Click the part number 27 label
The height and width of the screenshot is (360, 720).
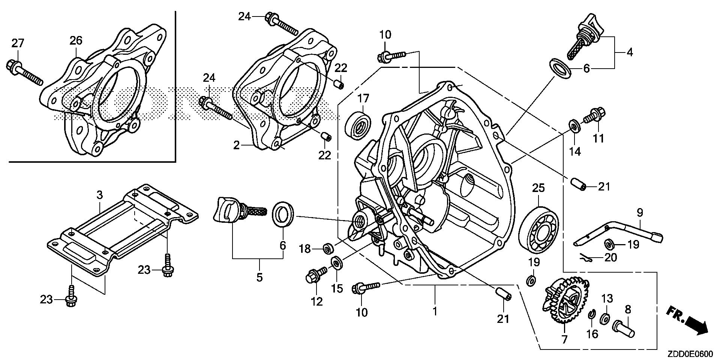click(17, 43)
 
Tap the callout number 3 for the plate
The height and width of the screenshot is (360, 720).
click(99, 195)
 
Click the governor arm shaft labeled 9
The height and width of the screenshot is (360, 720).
click(622, 235)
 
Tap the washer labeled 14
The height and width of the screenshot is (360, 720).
click(574, 126)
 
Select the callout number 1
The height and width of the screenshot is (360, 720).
click(435, 311)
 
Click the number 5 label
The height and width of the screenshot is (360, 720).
click(259, 277)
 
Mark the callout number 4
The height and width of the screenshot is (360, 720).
click(630, 52)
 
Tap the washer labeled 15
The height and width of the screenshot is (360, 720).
click(336, 262)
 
